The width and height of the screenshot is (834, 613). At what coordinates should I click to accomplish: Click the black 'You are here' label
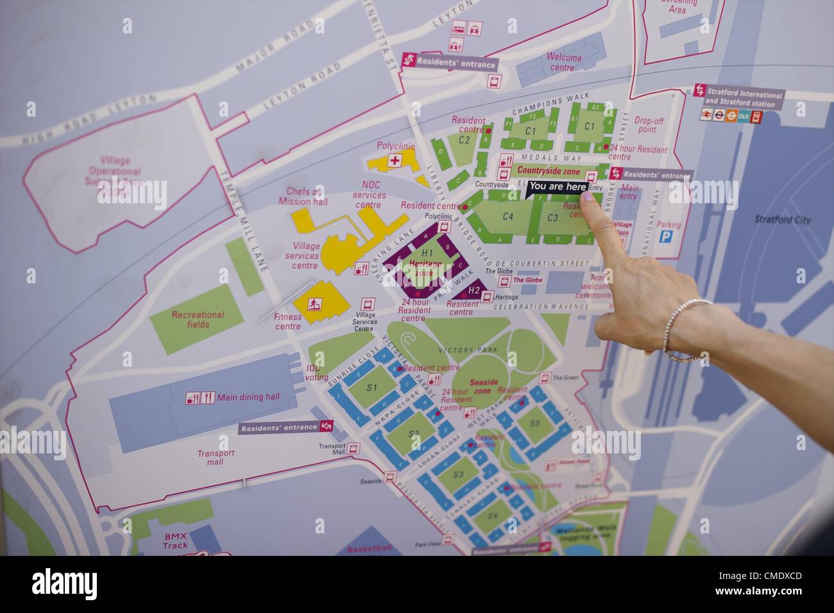click(x=557, y=187)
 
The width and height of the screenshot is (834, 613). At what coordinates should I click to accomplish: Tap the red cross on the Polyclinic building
click(x=396, y=160)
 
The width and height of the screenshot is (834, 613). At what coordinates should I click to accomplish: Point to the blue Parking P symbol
click(x=667, y=237)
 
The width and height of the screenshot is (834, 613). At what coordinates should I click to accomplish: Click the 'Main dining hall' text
click(x=248, y=398)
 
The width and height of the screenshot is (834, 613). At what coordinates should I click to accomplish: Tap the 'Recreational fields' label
click(x=198, y=319)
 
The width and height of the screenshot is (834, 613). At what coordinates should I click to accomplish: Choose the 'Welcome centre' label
click(x=563, y=63)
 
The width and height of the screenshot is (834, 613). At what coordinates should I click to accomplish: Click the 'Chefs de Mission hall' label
click(x=303, y=197)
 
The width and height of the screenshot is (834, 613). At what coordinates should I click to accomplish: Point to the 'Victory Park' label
click(x=459, y=351)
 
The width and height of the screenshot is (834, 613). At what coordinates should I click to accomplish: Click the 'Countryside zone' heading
click(x=548, y=171)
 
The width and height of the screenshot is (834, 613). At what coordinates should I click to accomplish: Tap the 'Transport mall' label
click(x=216, y=457)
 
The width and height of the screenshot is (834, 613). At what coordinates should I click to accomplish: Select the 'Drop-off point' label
click(x=649, y=124)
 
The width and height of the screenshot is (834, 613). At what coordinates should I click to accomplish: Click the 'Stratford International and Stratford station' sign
click(x=744, y=98)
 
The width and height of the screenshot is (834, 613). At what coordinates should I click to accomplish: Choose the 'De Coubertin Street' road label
click(x=550, y=264)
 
